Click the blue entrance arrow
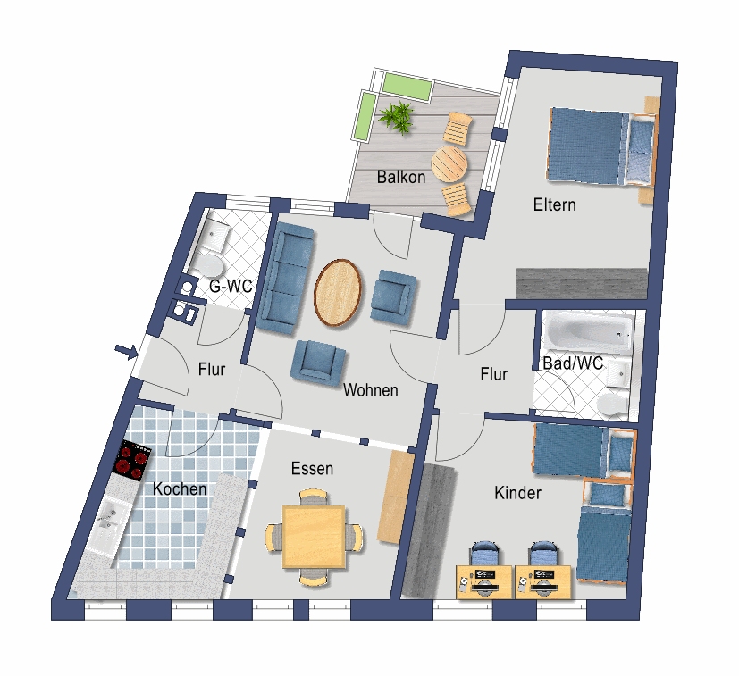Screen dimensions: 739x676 (x=126, y=352)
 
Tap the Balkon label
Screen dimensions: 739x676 (x=401, y=177)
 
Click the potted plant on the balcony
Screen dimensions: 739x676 (x=397, y=116)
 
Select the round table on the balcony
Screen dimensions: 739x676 (x=449, y=163)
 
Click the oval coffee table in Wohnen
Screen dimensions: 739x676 (x=338, y=293)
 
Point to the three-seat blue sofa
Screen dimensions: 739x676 (x=288, y=279)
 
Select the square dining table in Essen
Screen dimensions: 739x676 (x=314, y=537)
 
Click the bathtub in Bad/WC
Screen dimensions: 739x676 (x=588, y=333)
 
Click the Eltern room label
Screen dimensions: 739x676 (x=555, y=204)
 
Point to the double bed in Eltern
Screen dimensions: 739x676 (x=601, y=147)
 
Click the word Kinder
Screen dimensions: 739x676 (x=517, y=493)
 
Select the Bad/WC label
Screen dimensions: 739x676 (x=573, y=363)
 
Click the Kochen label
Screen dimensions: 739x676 (x=180, y=488)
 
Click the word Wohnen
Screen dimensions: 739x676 (x=371, y=390)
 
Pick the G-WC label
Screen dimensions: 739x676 (x=231, y=286)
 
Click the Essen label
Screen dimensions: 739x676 (x=312, y=468)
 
